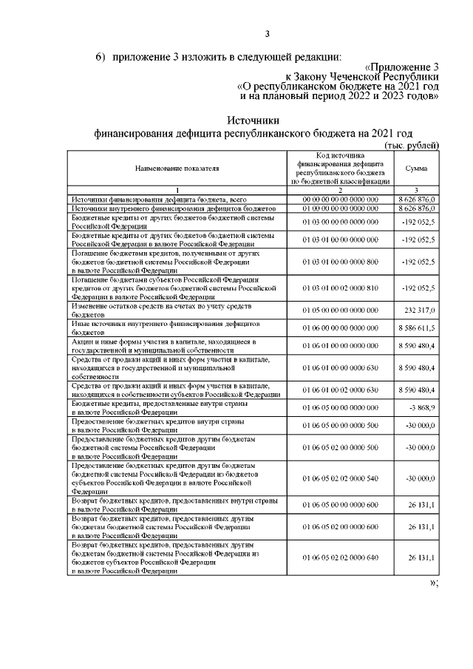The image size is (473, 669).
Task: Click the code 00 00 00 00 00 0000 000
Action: click(340, 200)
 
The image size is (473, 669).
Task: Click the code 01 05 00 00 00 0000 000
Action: click(340, 311)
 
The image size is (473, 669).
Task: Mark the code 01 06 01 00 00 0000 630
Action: click(340, 367)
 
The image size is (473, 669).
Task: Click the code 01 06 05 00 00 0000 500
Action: click(340, 426)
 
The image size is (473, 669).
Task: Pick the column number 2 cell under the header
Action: click(340, 190)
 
